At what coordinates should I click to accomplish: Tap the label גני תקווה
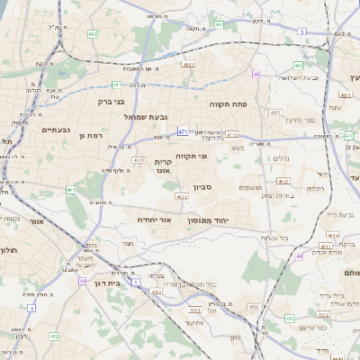(x=191, y=156)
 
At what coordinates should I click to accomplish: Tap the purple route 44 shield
(x=83, y=281)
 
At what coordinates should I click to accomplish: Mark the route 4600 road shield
(x=253, y=307)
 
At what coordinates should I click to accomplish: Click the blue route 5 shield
(x=302, y=31)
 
